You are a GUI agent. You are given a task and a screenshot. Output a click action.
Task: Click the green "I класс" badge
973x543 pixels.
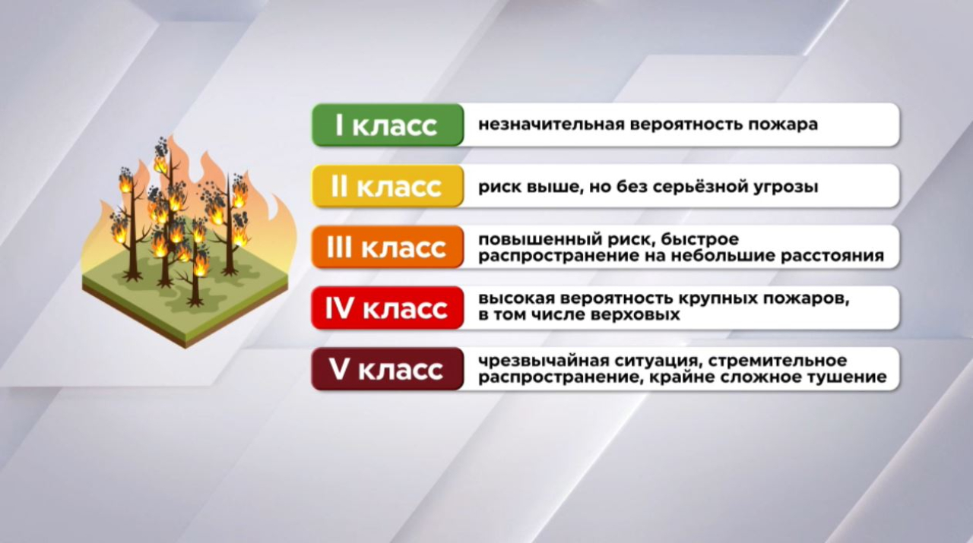point(387,125)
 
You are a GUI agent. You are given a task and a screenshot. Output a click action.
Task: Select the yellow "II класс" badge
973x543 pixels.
point(387,186)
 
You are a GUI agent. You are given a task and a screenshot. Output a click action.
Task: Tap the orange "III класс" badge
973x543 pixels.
point(387,248)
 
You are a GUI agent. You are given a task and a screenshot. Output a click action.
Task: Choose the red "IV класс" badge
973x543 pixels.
point(387,308)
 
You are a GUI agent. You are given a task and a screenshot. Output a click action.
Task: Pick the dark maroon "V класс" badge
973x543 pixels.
point(387,370)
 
